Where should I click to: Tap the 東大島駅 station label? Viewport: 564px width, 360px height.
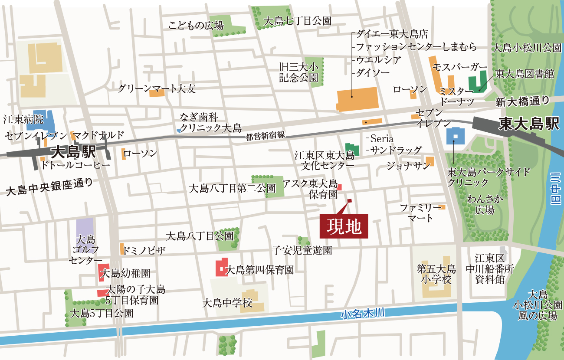(528, 124)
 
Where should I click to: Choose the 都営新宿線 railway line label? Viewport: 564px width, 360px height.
(265, 136)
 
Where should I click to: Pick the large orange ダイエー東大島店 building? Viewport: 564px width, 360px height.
(357, 99)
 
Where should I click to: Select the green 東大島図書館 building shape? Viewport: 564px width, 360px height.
(477, 82)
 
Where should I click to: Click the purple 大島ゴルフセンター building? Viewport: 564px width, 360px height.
(85, 228)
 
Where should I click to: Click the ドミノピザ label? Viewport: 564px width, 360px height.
(144, 251)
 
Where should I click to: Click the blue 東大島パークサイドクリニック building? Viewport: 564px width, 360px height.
(455, 136)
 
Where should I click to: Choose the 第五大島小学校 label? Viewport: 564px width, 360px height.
(436, 274)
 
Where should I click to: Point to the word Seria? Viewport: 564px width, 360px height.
(382, 139)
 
